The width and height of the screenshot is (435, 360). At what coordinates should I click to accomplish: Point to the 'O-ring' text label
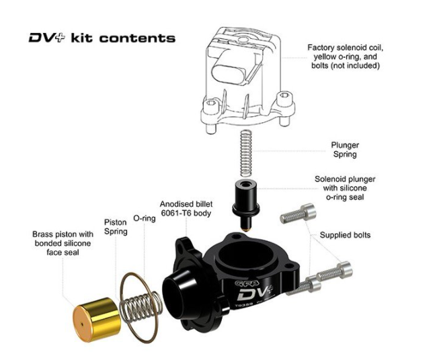point(144,218)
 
